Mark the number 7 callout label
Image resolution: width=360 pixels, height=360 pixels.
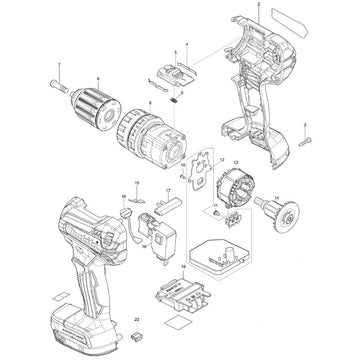[58, 64]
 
